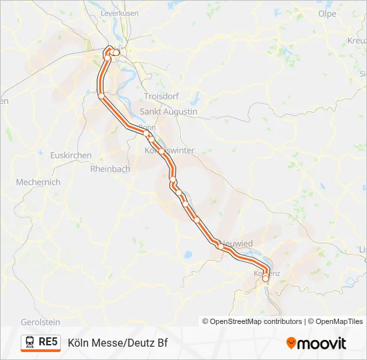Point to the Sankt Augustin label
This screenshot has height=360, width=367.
point(168,112)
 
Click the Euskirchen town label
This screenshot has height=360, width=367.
point(70,155)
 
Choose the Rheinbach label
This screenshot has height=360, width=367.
point(110,169)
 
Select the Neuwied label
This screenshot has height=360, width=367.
point(238,244)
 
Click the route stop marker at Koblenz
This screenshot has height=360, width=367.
point(266,278)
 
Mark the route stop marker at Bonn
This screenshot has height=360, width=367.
point(147,134)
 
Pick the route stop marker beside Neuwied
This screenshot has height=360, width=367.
point(221,246)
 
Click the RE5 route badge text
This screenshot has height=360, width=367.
point(49,343)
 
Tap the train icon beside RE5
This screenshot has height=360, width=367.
point(31,343)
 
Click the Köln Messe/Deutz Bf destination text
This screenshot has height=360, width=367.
point(117,343)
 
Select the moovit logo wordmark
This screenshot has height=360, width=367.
point(322,343)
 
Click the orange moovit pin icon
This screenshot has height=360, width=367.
point(291,343)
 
